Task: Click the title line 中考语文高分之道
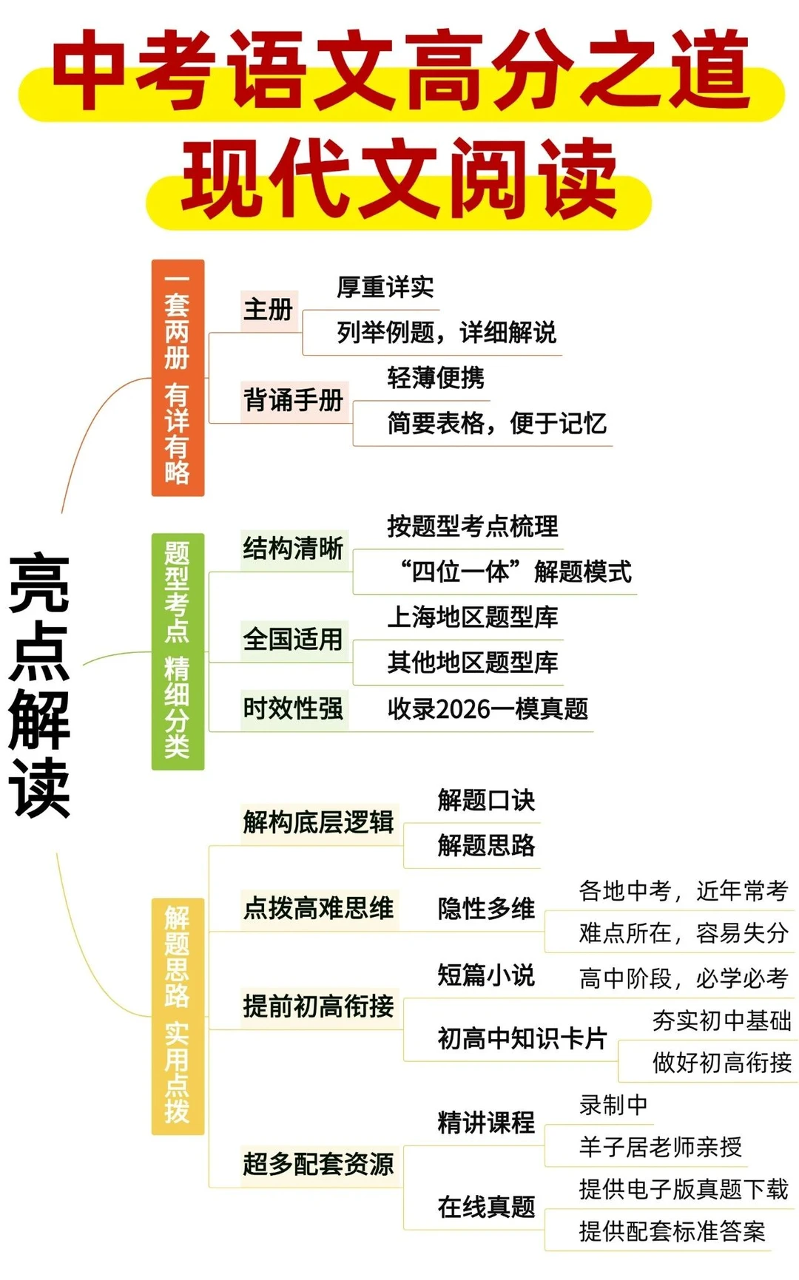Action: tap(399, 72)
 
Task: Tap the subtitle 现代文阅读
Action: tap(399, 180)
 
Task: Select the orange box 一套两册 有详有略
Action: tap(178, 378)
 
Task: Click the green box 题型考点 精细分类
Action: tap(178, 651)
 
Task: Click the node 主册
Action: tap(269, 310)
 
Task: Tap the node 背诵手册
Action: tap(294, 401)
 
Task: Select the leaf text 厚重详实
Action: tap(385, 287)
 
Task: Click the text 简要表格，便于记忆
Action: tap(496, 424)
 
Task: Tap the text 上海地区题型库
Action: tap(473, 617)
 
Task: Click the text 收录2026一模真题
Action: tap(488, 709)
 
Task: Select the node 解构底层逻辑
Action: tap(318, 822)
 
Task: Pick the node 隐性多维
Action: tap(486, 909)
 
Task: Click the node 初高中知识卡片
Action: tap(522, 1039)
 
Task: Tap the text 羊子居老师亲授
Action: tap(660, 1147)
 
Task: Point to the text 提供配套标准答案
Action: tap(672, 1231)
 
